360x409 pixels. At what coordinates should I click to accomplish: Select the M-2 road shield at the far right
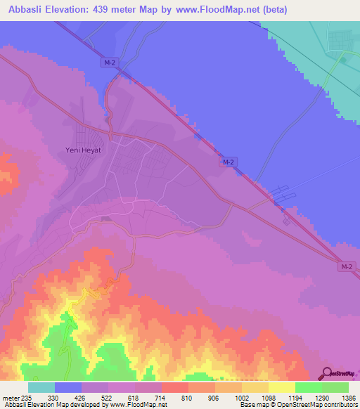click(x=345, y=266)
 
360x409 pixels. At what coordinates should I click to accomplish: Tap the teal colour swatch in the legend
click(x=41, y=387)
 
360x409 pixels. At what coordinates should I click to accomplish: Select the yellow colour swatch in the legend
click(x=282, y=387)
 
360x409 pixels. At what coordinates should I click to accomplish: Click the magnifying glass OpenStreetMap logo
click(x=326, y=374)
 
